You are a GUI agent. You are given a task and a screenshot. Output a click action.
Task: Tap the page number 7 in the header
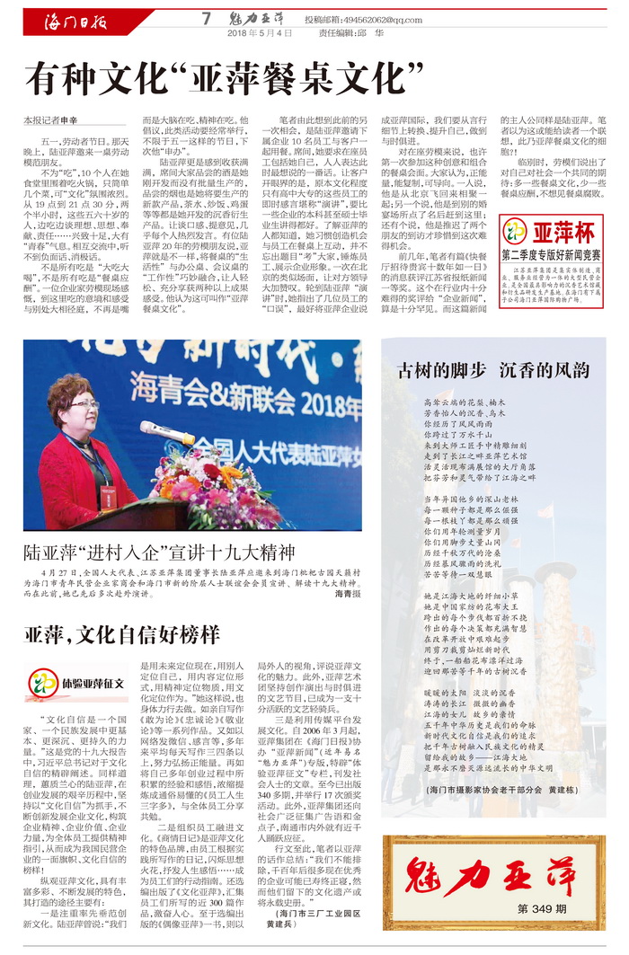point(206,18)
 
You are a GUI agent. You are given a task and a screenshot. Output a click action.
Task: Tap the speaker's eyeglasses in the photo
point(84,406)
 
